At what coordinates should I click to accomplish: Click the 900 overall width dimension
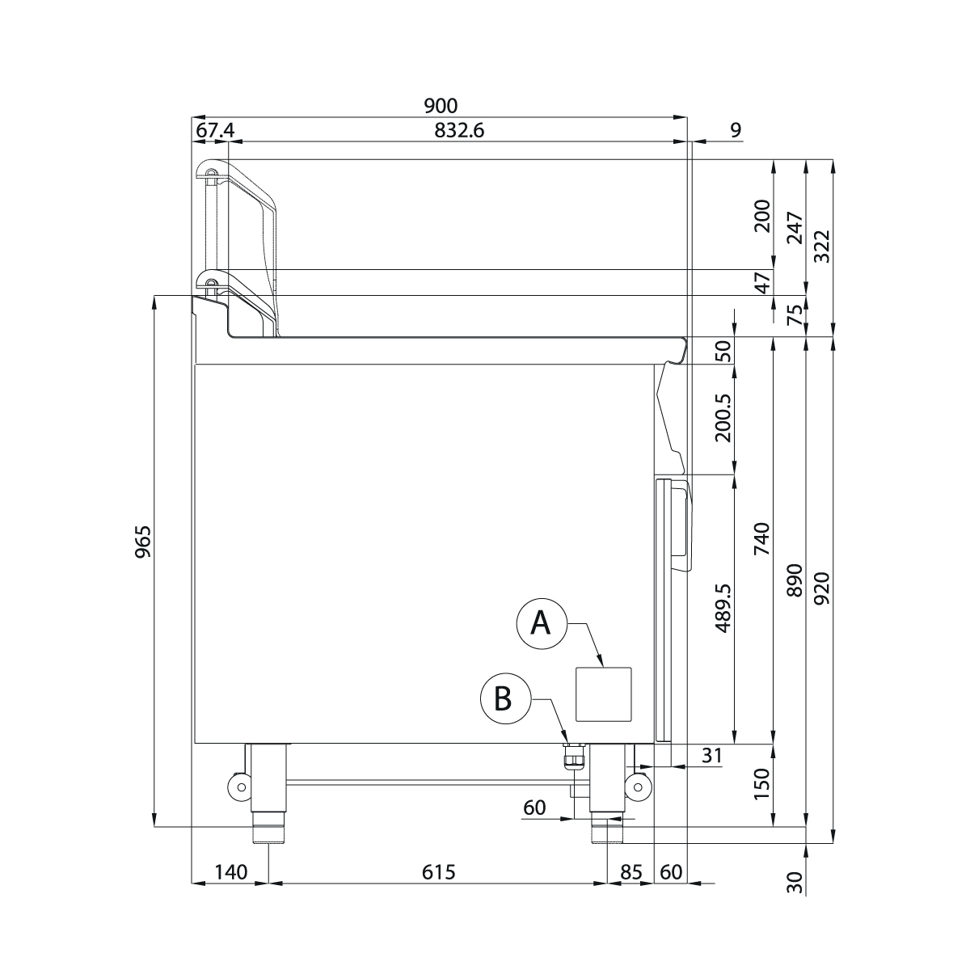click(441, 106)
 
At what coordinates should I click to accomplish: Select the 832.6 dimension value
click(459, 131)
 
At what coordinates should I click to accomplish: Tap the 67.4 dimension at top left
click(215, 131)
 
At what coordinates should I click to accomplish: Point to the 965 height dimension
click(143, 542)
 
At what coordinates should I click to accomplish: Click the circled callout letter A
click(541, 624)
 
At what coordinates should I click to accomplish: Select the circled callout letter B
click(505, 698)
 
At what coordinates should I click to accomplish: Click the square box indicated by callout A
click(603, 694)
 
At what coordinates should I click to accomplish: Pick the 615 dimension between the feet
click(438, 872)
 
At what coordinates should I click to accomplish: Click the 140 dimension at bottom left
click(231, 872)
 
